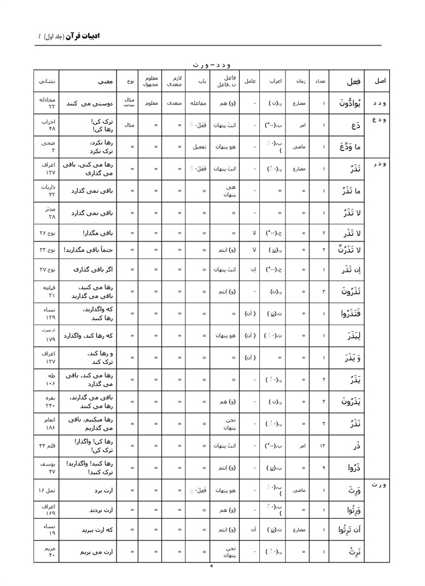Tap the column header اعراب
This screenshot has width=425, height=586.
[275, 81]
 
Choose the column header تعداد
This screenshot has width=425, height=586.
[319, 81]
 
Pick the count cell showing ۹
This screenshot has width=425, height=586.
[319, 467]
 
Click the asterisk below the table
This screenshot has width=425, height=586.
[211, 567]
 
